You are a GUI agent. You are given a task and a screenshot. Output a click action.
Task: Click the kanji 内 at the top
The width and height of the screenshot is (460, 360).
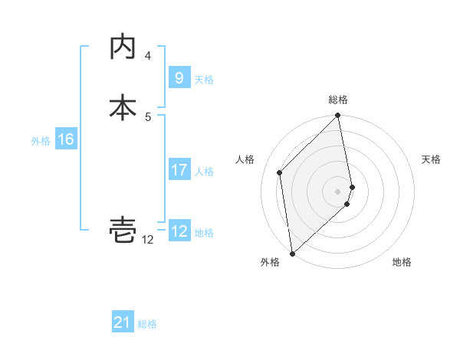coord(123,47)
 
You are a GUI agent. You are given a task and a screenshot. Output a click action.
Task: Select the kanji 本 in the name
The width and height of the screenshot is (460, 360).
coord(123,107)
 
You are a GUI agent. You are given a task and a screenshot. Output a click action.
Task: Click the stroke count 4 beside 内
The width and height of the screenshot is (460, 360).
coord(148,55)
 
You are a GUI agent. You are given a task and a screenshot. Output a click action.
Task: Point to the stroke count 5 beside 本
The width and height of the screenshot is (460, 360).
coord(148,116)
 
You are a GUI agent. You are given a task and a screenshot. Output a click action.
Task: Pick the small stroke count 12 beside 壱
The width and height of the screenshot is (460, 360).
coord(148,240)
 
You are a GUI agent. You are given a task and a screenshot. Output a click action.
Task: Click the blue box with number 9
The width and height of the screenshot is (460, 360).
coord(179,77)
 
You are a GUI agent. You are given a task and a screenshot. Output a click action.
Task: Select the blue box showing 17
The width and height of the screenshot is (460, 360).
coord(179,170)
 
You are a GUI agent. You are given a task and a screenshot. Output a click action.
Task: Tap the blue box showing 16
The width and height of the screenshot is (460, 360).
coord(65,139)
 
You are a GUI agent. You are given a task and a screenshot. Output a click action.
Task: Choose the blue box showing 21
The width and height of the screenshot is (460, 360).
coord(123,322)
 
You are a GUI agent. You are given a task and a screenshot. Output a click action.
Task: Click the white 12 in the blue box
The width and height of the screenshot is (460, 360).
coord(179,231)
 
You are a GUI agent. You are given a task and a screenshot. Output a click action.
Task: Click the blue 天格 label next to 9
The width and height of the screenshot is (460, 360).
coord(204,79)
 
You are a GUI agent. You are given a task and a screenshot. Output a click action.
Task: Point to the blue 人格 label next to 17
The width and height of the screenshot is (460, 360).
coord(204,172)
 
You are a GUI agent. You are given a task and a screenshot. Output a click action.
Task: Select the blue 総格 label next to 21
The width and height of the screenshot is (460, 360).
coord(147,324)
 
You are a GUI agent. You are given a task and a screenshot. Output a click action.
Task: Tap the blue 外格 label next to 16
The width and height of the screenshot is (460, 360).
coord(41,141)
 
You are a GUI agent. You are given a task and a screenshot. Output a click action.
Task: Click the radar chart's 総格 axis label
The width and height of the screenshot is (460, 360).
coord(338,100)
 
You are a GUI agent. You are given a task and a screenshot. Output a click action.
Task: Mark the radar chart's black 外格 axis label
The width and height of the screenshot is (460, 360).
coord(269,263)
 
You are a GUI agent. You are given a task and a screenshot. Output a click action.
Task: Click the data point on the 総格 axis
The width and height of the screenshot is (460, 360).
coord(338,116)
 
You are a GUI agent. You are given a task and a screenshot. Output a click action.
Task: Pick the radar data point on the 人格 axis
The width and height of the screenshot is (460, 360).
coord(280,172)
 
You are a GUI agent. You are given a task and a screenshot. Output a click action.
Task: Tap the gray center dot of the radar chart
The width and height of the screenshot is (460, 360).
coord(338,191)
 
